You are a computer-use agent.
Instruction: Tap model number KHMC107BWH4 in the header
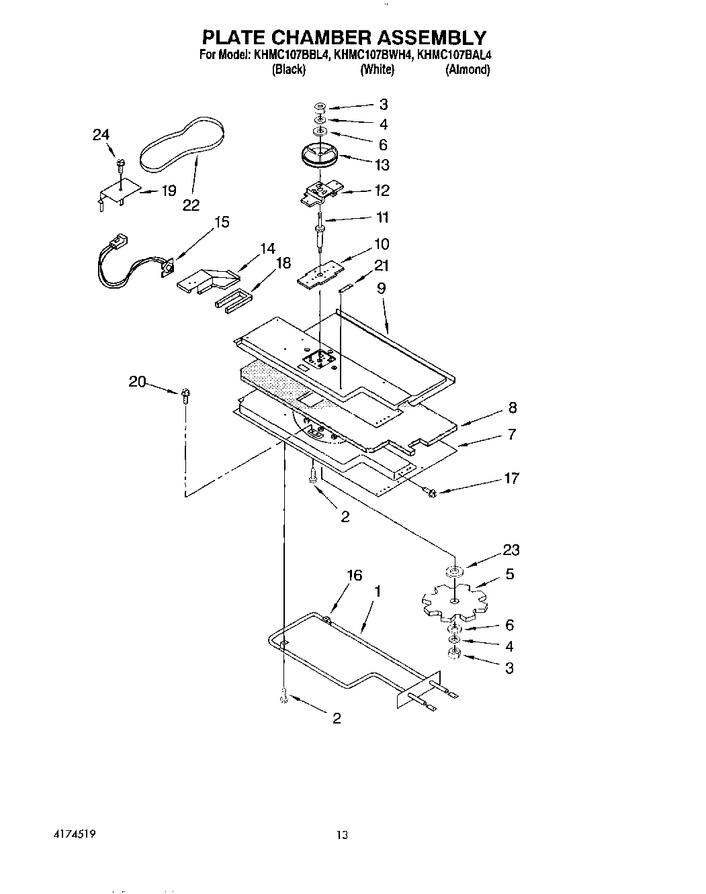[373, 55]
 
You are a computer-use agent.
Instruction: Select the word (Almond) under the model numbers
[467, 69]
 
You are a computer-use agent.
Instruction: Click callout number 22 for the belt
[191, 205]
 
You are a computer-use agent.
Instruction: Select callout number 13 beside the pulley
[382, 164]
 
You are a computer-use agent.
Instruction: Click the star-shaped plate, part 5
[454, 599]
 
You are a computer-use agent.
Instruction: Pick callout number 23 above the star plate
[511, 550]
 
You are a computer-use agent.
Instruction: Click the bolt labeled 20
[185, 396]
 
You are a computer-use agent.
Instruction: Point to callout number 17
[511, 478]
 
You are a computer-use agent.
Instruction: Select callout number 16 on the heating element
[354, 575]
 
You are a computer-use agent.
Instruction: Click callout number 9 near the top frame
[382, 289]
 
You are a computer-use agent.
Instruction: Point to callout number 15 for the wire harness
[221, 221]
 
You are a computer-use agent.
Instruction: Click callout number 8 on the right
[512, 407]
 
